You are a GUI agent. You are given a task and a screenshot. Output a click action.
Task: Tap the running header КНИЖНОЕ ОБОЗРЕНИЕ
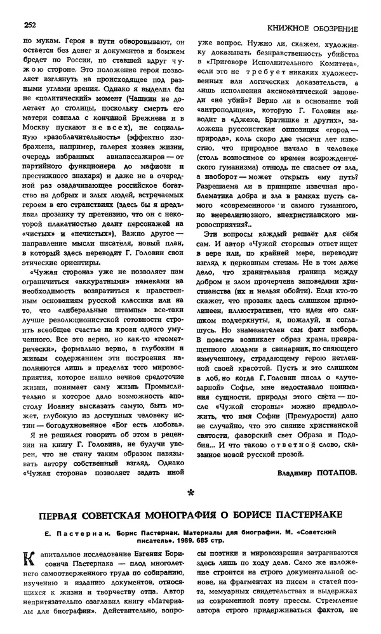pyautogui.click(x=312, y=28)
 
